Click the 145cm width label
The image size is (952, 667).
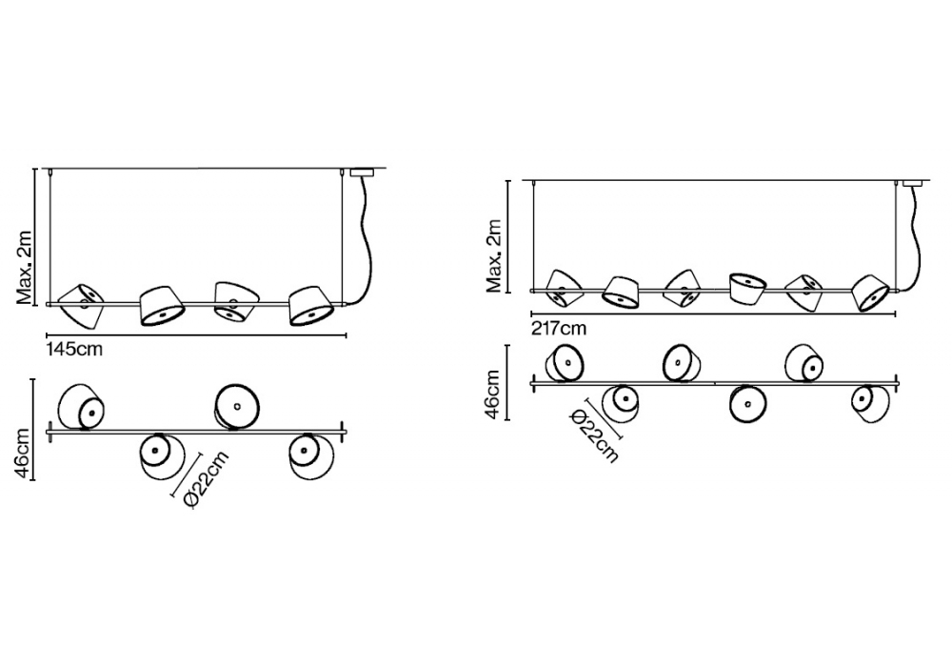74,349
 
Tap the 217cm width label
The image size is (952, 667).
559,329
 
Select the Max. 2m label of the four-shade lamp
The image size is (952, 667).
26,266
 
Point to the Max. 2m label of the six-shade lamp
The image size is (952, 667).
494,255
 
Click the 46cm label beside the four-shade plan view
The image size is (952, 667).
26,452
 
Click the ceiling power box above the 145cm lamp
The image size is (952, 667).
364,173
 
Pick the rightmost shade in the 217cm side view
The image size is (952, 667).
869,293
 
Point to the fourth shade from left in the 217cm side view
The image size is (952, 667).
748,286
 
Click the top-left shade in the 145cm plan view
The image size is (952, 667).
82,408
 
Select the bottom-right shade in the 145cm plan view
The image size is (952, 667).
311,457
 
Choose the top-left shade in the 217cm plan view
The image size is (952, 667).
565,363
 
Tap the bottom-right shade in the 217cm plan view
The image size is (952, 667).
869,402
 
